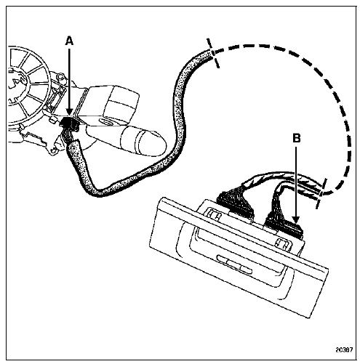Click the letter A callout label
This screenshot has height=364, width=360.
(x=69, y=41)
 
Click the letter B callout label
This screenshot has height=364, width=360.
(x=297, y=138)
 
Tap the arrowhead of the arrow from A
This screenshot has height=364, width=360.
(x=70, y=112)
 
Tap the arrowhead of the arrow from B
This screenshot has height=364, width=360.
(x=296, y=219)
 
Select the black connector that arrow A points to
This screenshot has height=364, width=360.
(x=70, y=123)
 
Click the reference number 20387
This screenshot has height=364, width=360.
(x=344, y=349)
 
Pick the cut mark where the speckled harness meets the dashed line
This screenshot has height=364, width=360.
(x=212, y=54)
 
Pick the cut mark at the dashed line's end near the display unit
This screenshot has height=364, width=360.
(x=321, y=193)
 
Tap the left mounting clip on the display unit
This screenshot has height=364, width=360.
(x=215, y=215)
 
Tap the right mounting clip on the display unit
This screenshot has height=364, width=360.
(x=282, y=243)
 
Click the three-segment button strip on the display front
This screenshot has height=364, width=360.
(x=234, y=263)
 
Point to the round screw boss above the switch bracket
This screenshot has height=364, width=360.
(x=60, y=77)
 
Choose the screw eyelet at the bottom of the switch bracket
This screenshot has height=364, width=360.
(x=52, y=150)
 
